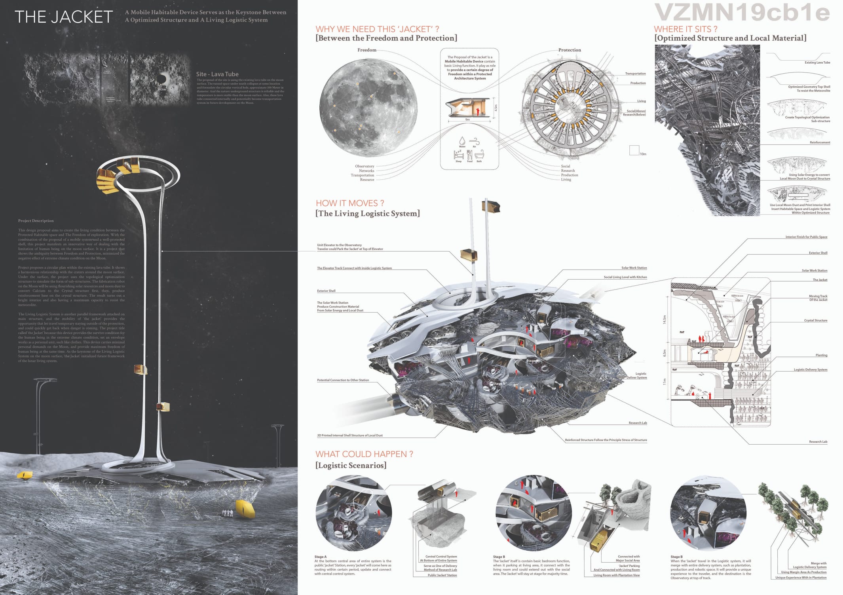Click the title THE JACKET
click(x=64, y=17)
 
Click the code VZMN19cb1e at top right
click(x=742, y=12)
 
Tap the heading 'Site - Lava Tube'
click(x=217, y=74)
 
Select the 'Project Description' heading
click(x=36, y=221)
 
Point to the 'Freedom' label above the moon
click(x=367, y=50)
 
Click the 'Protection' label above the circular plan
click(x=570, y=50)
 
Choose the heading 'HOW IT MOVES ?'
click(x=350, y=203)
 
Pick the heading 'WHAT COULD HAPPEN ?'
click(x=364, y=454)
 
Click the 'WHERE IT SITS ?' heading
click(x=685, y=29)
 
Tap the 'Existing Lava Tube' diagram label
click(x=817, y=63)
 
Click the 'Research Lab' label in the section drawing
click(x=818, y=442)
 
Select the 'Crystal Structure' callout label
click(x=815, y=320)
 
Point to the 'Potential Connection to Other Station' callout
click(x=343, y=380)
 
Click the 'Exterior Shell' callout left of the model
click(x=326, y=291)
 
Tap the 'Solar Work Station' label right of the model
click(x=634, y=268)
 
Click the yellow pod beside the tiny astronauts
click(x=245, y=508)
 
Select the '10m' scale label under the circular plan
click(x=643, y=154)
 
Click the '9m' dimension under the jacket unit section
click(x=467, y=119)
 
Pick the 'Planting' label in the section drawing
click(x=821, y=355)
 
